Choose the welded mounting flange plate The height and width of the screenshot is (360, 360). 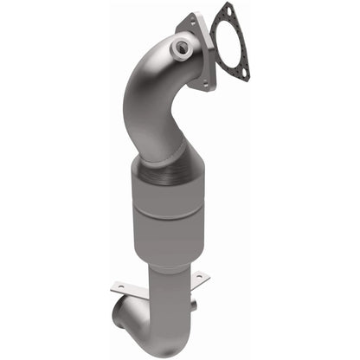pyautogui.click(x=204, y=52)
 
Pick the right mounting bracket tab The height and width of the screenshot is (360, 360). pyautogui.click(x=198, y=278)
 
